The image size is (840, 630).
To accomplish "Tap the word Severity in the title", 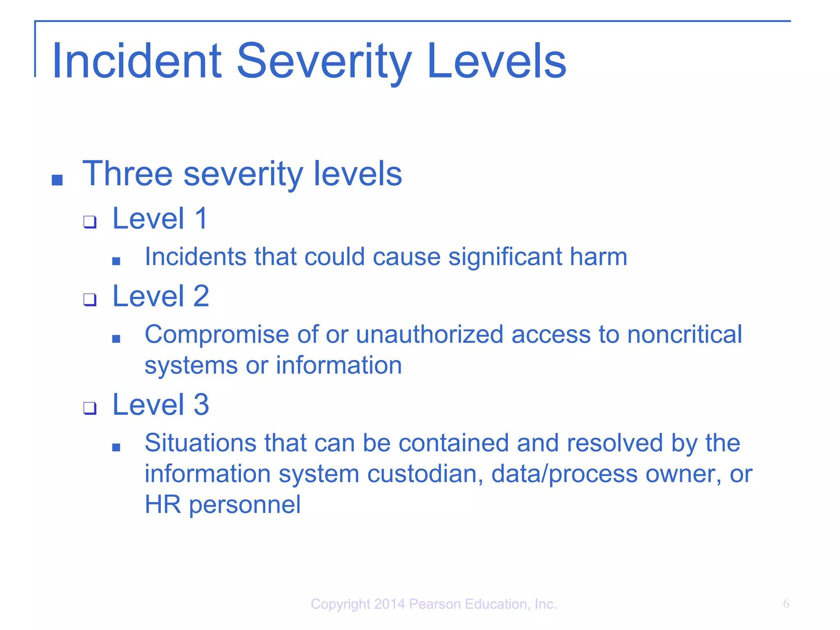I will coord(324,62).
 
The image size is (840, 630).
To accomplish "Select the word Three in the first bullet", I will coord(128,173).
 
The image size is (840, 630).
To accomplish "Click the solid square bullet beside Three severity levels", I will coord(57,180).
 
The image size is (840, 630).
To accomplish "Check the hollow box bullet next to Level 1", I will coord(89,222).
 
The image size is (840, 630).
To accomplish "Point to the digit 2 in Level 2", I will coord(201,296).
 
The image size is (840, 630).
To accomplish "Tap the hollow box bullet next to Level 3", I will coord(89,408).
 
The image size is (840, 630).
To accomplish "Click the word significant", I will coord(505,257).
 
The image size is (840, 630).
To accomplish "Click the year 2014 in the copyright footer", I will coord(389,604).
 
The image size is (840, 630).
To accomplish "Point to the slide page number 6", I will coord(786,604).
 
